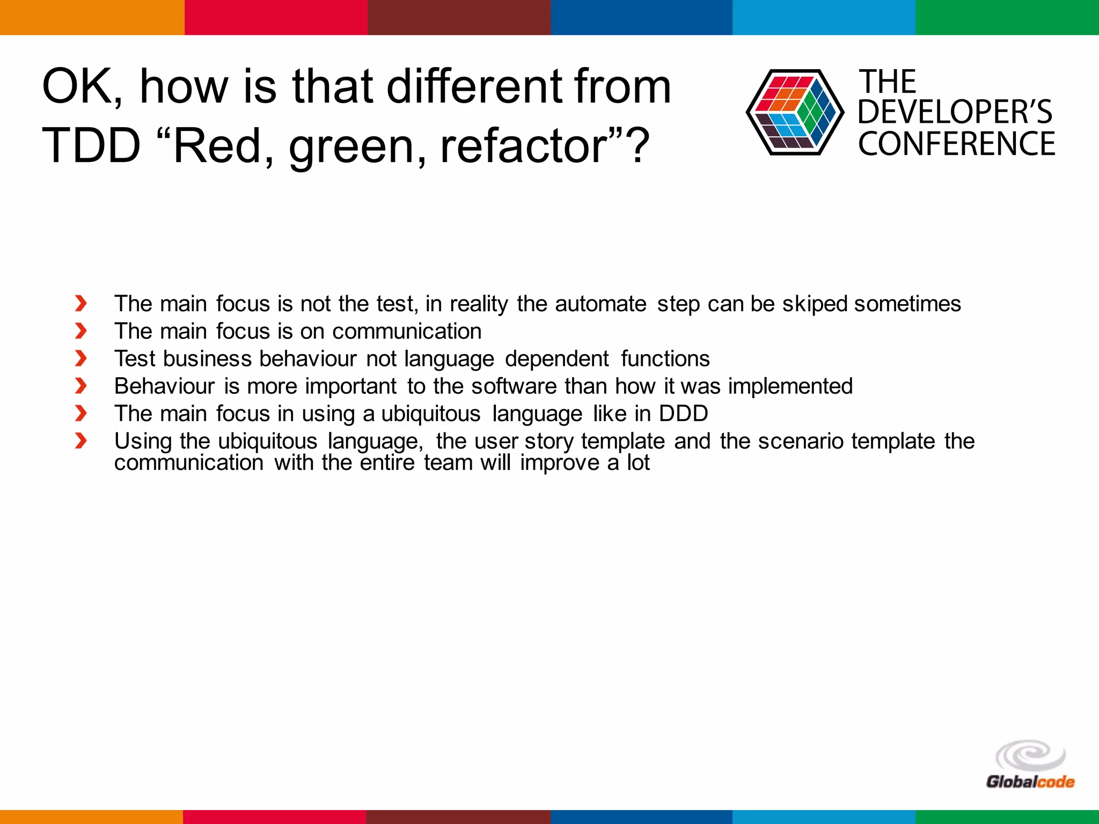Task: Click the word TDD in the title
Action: coord(91,145)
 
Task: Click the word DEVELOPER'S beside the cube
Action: coord(955,112)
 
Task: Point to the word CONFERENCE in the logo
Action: coord(956,144)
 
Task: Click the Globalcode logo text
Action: coord(1030,782)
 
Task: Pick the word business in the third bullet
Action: coord(207,359)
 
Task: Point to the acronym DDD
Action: coord(683,414)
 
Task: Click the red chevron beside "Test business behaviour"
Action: coord(81,358)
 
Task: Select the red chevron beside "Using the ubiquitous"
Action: coord(81,441)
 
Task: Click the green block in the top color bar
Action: coord(1007,17)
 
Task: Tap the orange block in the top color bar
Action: coord(92,17)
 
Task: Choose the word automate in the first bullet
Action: coord(600,304)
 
